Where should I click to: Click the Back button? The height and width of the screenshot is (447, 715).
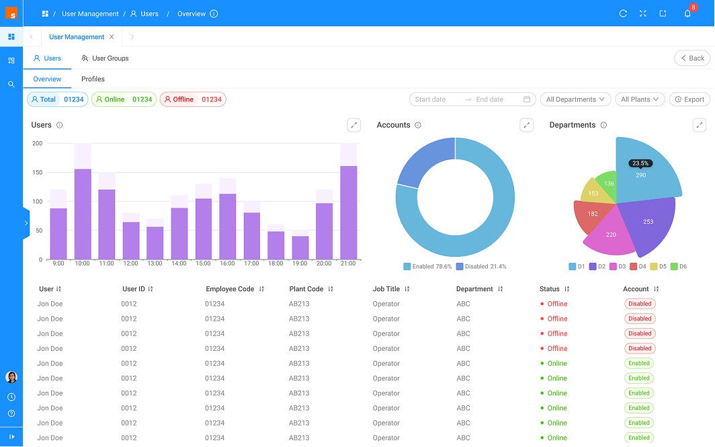coord(692,58)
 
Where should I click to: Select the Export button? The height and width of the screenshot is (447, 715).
coord(689,99)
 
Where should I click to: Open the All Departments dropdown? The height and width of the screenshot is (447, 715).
coord(575,99)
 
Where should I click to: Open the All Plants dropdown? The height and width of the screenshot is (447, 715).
coord(640,99)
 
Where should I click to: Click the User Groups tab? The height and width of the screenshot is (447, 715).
coord(105,58)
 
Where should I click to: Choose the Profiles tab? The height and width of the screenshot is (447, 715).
coord(93,79)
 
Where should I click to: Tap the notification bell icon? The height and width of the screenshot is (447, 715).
coord(687,13)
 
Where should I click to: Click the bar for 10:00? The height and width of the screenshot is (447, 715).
coord(83,214)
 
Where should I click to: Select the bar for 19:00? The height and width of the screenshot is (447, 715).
coord(300,247)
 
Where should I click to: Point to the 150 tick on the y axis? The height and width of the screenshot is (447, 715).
coord(37,172)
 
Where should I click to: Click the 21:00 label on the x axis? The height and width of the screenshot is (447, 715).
coord(348,263)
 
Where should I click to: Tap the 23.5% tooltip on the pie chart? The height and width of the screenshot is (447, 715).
coord(640,163)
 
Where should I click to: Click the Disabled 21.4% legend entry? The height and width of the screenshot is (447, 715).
coord(481,266)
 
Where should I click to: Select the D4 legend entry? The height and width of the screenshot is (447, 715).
coord(638,266)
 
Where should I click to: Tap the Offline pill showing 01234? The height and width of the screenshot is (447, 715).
coord(193,99)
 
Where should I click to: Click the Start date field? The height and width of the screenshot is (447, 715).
coord(430,99)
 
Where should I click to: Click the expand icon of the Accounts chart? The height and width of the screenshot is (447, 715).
coord(527,125)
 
